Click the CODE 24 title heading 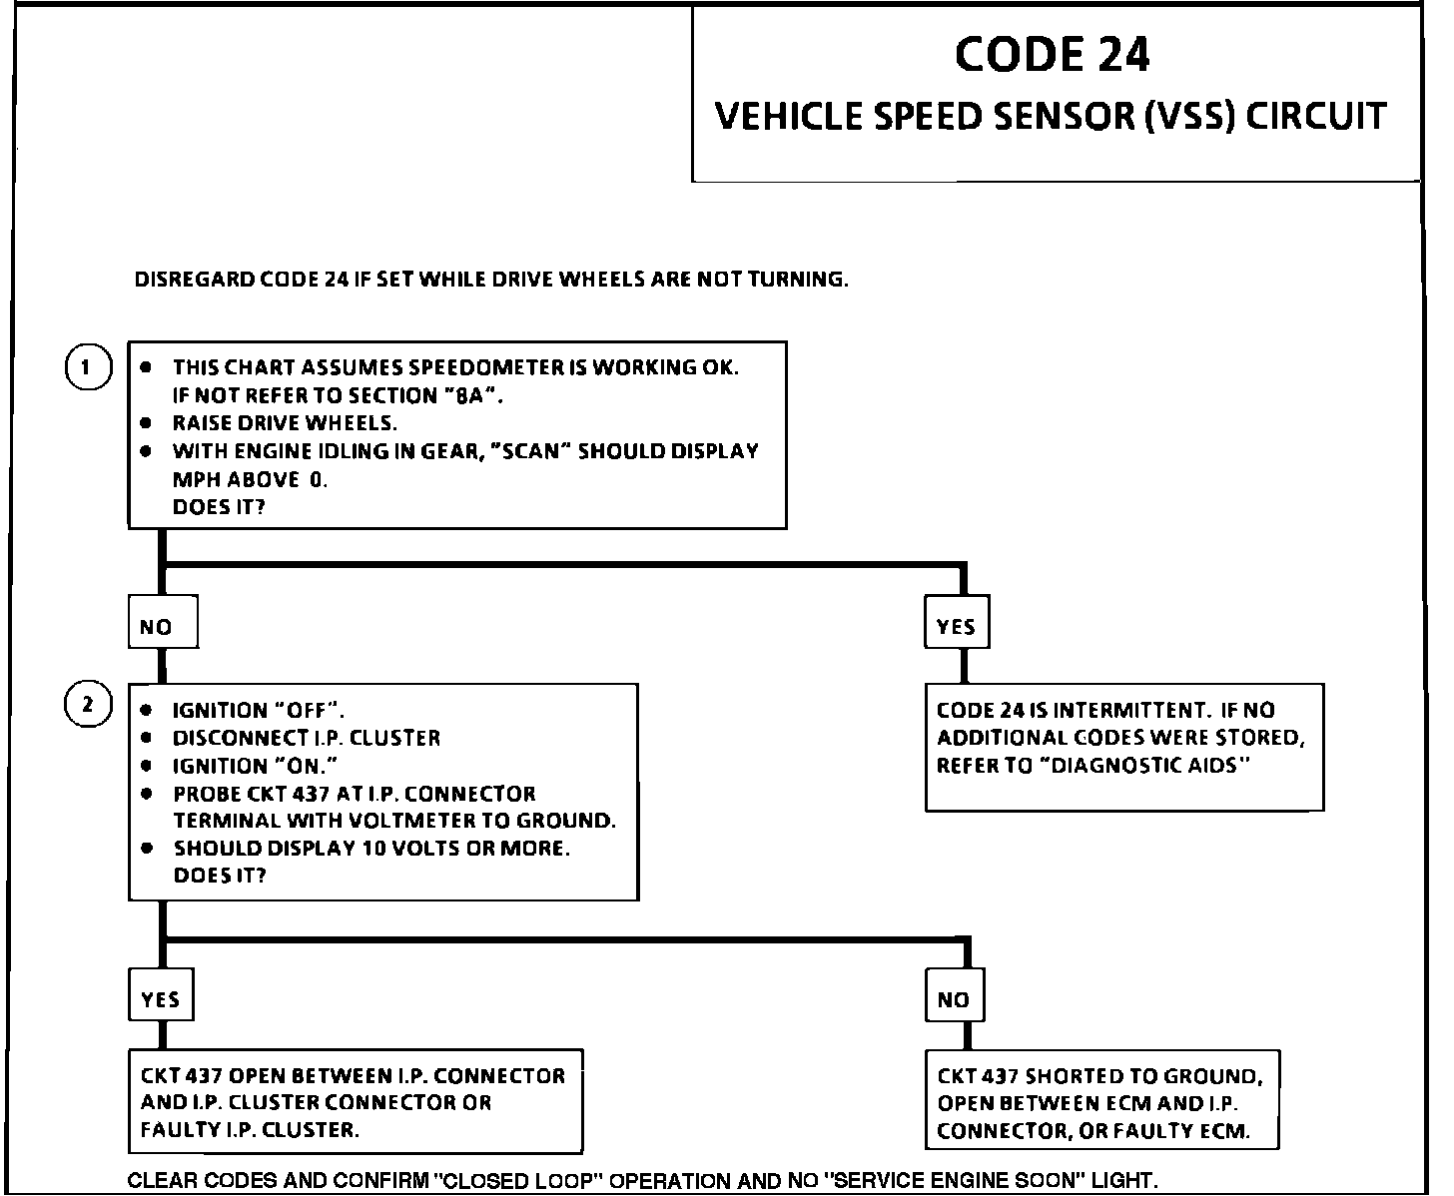click(1052, 54)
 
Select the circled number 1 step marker click(87, 368)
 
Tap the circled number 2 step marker click(87, 705)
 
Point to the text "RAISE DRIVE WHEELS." click(285, 423)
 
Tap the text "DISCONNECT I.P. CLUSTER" click(307, 739)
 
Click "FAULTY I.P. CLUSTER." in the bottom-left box click(250, 1130)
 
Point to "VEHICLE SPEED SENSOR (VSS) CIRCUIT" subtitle click(1052, 116)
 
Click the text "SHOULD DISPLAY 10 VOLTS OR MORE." click(371, 849)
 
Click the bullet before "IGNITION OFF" click(147, 711)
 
